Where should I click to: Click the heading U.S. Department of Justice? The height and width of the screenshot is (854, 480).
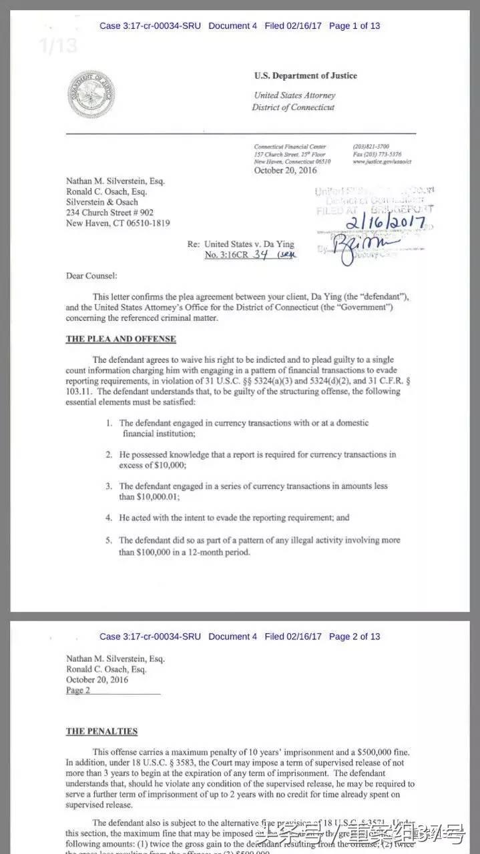[305, 76]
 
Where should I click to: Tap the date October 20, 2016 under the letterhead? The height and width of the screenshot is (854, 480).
[284, 170]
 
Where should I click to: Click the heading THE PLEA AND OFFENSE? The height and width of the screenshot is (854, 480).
[121, 339]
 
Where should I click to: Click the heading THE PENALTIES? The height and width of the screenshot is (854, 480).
[101, 731]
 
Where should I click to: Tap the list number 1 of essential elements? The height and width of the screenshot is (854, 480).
[109, 423]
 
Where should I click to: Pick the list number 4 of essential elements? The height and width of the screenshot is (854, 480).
[109, 517]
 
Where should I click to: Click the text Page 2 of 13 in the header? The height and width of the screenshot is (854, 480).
[354, 636]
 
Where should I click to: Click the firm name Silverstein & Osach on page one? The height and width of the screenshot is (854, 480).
[102, 202]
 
